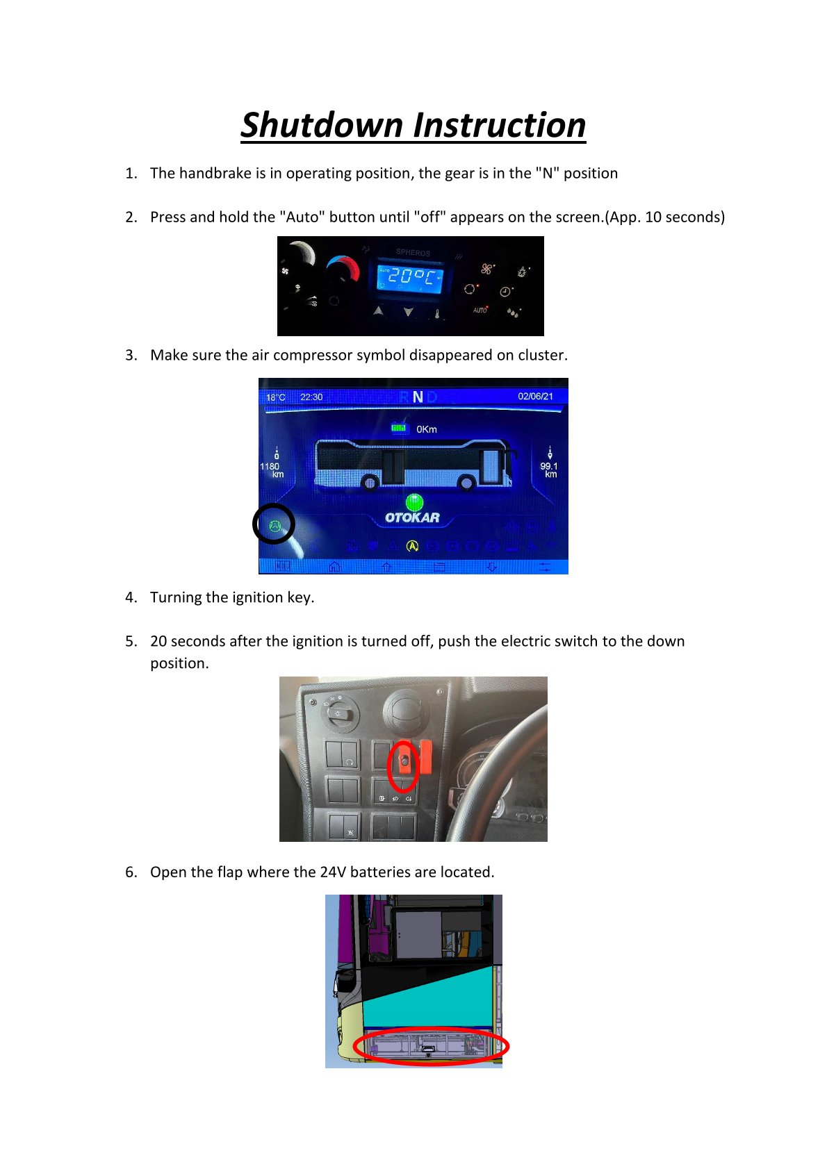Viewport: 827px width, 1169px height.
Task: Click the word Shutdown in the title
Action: [x=322, y=125]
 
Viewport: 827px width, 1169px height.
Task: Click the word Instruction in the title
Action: [x=500, y=125]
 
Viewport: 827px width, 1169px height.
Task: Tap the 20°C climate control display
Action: [x=409, y=276]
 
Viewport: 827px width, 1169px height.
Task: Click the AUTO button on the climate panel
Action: [x=480, y=310]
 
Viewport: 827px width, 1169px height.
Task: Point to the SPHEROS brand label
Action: [x=412, y=253]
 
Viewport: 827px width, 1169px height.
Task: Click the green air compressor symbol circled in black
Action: [x=275, y=526]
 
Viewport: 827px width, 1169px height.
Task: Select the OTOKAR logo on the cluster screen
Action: [x=412, y=517]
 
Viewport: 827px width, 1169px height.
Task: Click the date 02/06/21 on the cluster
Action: [x=535, y=396]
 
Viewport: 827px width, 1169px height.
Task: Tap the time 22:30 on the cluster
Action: [x=311, y=397]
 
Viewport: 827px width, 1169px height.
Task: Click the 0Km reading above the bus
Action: [x=426, y=429]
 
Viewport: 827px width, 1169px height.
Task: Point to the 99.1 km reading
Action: [x=549, y=470]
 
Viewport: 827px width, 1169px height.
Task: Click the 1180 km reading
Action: [x=270, y=470]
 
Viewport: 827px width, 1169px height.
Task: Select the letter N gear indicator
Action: [x=418, y=397]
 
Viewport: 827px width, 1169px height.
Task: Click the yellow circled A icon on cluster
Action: [x=412, y=546]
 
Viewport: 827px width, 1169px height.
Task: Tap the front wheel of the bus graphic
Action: [x=466, y=483]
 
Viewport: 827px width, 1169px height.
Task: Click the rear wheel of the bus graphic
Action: [x=370, y=483]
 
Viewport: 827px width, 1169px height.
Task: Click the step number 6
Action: [x=131, y=872]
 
